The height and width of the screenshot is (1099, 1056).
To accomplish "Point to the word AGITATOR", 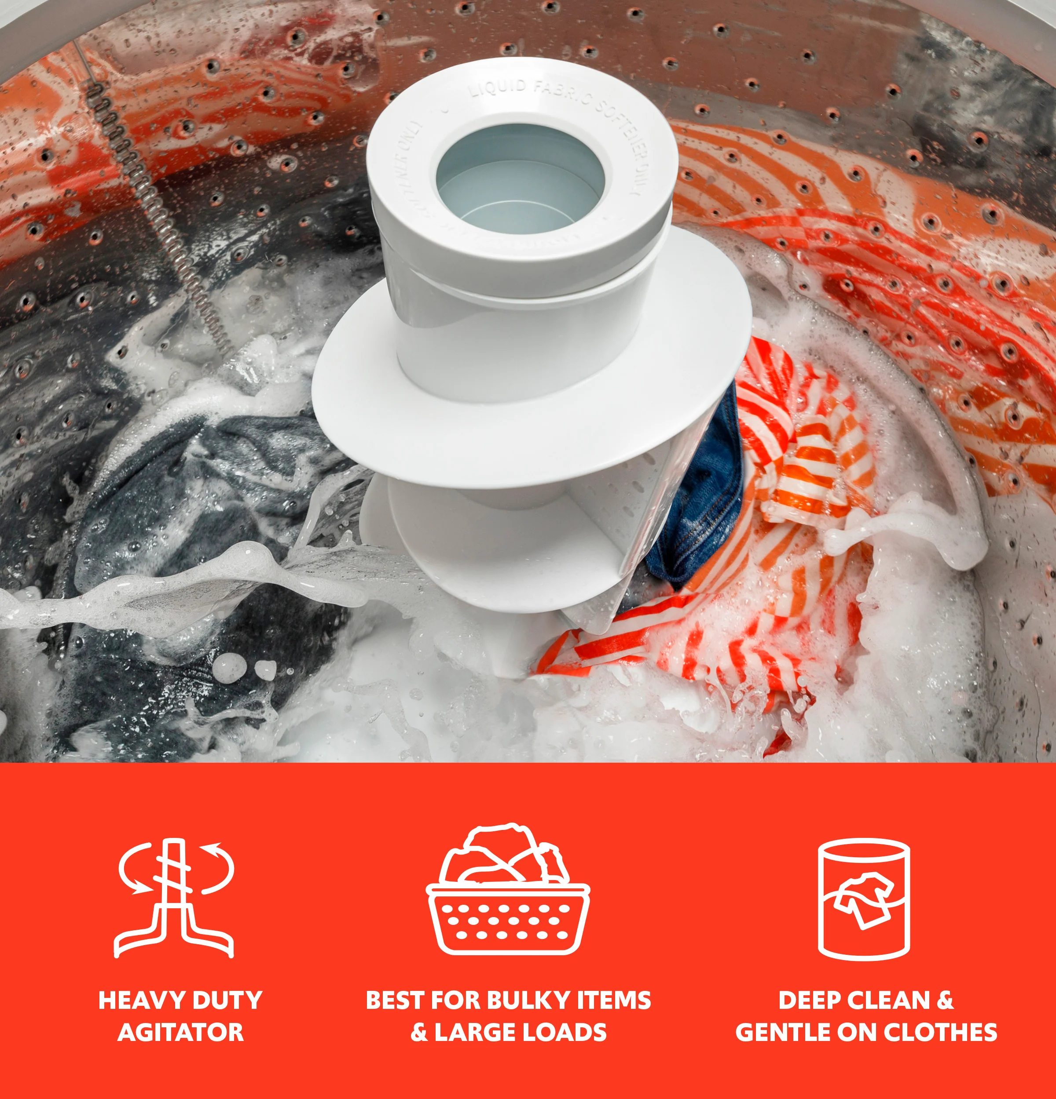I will click(x=181, y=1032).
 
